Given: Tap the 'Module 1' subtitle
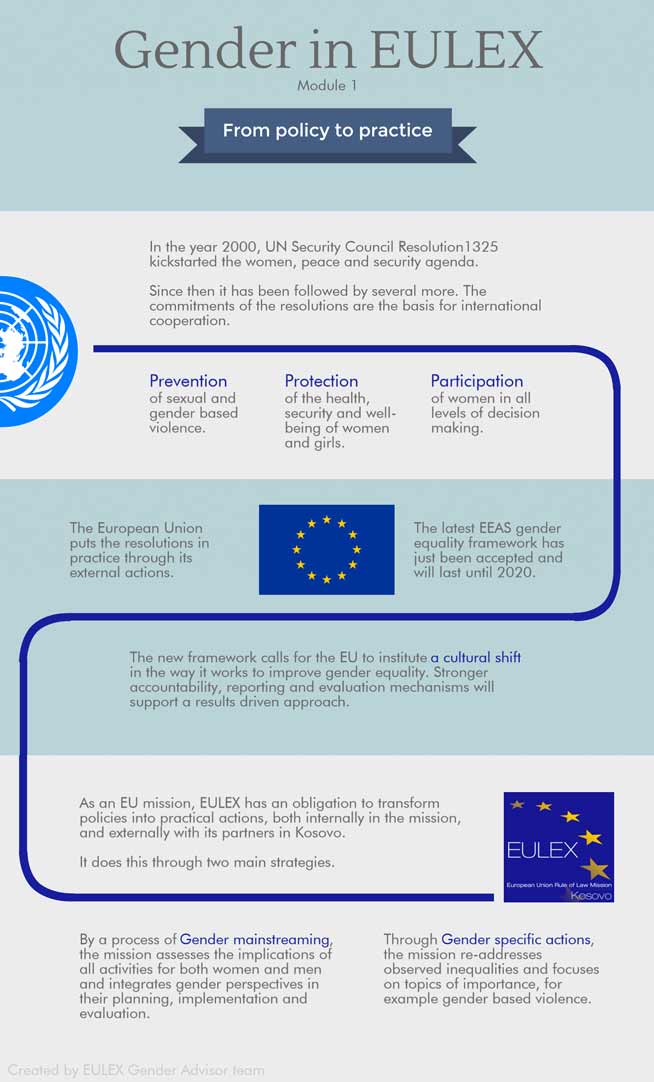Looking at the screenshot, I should [x=327, y=86].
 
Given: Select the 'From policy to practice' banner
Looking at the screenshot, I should [x=327, y=131].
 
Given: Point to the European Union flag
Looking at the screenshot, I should [x=326, y=549].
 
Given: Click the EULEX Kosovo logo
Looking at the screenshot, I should [x=558, y=847].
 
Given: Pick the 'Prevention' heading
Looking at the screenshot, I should [x=188, y=381].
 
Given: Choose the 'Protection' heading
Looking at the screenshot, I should [x=321, y=381].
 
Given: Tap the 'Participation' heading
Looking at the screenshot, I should [x=477, y=381].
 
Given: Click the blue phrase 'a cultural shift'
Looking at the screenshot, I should [x=476, y=658].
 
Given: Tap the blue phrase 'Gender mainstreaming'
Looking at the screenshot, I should [x=255, y=940].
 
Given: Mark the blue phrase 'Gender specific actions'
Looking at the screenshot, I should [x=517, y=940].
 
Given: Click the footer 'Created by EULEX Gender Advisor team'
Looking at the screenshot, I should [x=136, y=1070].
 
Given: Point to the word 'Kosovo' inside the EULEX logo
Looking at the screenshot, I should [x=590, y=895].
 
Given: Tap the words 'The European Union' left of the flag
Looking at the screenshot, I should [x=136, y=528].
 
